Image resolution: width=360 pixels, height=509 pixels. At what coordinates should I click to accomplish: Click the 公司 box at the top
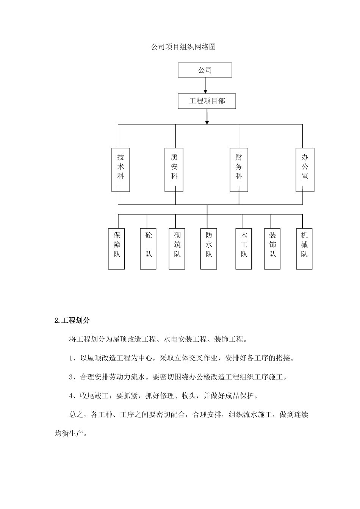205,70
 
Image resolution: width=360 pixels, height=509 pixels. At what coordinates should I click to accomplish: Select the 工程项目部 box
207,101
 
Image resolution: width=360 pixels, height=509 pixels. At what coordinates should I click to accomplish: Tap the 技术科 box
121,170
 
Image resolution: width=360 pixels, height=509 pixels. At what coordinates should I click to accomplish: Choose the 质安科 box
174,170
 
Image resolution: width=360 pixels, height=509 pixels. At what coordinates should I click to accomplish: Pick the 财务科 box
239,170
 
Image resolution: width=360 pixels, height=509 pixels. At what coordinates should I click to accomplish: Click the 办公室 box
305,170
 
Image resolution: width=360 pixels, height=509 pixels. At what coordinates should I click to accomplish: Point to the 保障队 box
116,248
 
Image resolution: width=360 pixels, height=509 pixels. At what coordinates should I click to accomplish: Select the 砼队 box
148,248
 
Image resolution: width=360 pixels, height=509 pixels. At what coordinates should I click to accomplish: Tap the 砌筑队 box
177,248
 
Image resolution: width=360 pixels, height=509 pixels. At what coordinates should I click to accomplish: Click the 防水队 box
209,248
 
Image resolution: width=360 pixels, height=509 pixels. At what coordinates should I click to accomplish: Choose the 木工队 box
244,248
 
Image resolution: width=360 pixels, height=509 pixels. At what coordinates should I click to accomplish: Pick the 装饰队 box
272,248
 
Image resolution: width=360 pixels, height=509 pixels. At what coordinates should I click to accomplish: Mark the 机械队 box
304,248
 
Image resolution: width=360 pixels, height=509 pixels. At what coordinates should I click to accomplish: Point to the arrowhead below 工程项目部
207,122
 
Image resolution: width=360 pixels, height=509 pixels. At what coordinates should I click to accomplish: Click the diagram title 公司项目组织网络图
183,47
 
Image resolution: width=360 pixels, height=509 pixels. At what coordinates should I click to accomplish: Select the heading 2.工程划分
72,320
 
